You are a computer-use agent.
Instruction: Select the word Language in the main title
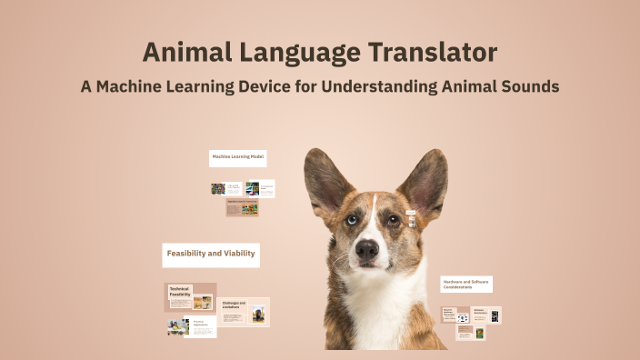[x=295, y=52]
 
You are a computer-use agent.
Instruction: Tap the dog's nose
[x=367, y=248]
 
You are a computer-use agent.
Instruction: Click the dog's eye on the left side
[x=351, y=219]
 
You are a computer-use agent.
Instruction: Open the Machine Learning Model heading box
[x=238, y=157]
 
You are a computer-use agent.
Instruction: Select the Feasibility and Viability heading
[x=211, y=253]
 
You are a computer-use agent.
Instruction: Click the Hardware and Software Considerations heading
[x=466, y=285]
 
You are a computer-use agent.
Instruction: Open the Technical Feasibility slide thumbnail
[x=190, y=297]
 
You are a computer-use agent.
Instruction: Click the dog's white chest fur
[x=376, y=314]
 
